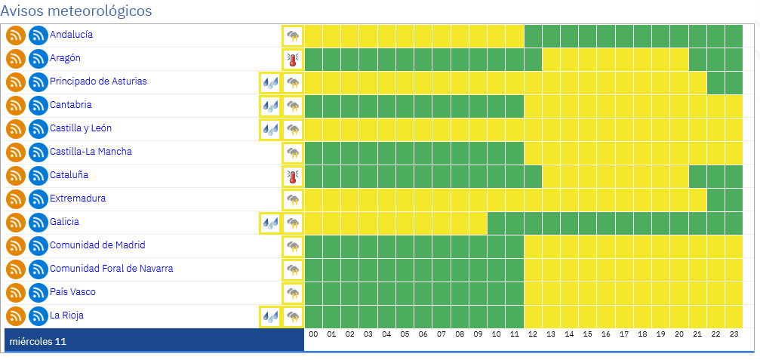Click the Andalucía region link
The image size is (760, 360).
click(72, 35)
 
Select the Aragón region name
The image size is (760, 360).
click(65, 58)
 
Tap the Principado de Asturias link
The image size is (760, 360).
click(98, 82)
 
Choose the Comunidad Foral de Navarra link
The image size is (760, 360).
click(111, 269)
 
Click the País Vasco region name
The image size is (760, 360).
click(72, 292)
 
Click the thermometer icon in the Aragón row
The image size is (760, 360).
click(293, 59)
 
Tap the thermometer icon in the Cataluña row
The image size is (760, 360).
click(293, 176)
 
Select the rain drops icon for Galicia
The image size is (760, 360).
click(270, 223)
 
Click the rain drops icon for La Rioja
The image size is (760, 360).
click(270, 316)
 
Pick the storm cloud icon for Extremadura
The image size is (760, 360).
click(293, 199)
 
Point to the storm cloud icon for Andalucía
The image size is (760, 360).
click(293, 35)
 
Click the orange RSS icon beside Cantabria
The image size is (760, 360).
click(16, 106)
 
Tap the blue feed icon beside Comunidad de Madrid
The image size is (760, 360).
click(38, 246)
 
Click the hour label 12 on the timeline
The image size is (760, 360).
click(533, 334)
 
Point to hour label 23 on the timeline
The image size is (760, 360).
click(734, 334)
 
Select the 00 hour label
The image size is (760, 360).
click(313, 334)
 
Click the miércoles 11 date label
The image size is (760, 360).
click(38, 342)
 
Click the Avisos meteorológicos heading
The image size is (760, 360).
click(76, 11)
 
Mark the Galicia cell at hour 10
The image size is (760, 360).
click(497, 223)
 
